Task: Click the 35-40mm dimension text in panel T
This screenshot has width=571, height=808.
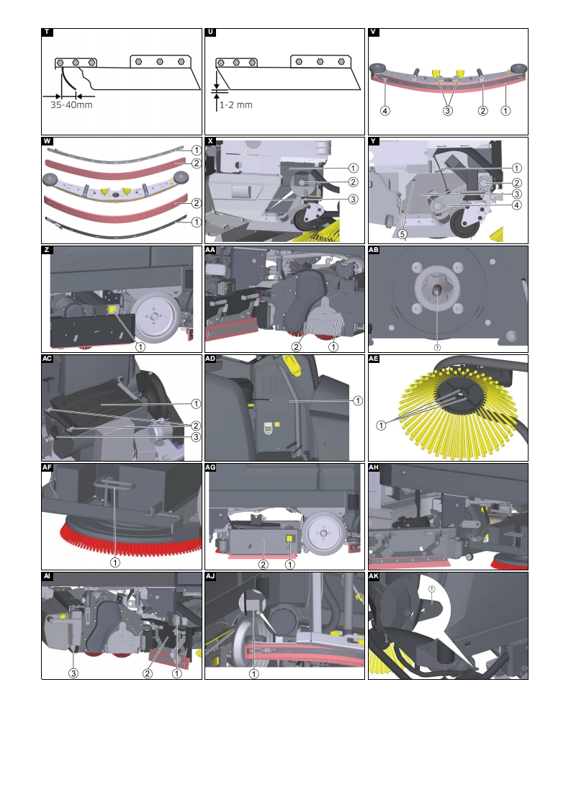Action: click(71, 104)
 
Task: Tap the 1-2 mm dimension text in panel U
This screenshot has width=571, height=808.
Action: click(236, 104)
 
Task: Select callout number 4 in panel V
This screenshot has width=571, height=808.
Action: click(385, 111)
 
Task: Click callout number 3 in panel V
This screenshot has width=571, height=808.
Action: click(448, 111)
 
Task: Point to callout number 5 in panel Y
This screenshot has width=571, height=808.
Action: click(403, 234)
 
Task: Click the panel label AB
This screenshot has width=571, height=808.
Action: click(374, 250)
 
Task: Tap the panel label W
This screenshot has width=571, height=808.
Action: click(47, 140)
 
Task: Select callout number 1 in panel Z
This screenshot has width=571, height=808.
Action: click(140, 347)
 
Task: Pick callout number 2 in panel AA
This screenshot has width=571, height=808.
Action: click(297, 347)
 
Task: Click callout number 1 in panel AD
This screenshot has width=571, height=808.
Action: click(358, 401)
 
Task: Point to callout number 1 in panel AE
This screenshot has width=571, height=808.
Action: click(382, 425)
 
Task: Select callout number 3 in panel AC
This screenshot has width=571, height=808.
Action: click(196, 437)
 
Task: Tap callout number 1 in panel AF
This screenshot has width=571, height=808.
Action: click(115, 562)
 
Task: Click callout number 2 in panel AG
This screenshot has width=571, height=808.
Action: click(264, 565)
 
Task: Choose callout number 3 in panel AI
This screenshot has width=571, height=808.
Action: click(73, 673)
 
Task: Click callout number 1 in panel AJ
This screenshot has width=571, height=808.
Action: click(254, 673)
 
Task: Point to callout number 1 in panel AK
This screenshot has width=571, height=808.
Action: click(432, 588)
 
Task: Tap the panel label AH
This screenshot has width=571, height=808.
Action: click(374, 467)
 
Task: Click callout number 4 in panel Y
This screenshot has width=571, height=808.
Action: click(516, 205)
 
